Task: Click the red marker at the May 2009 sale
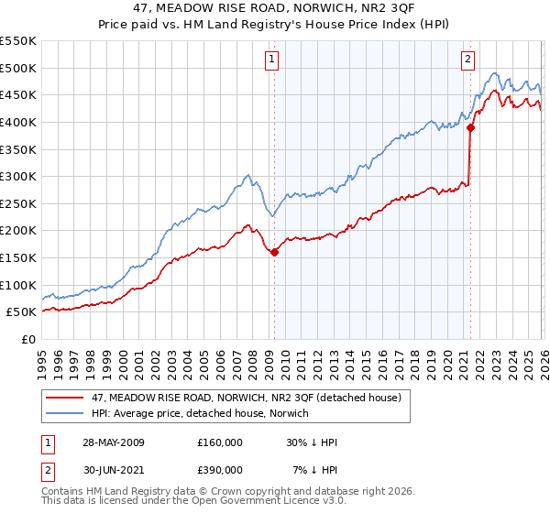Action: tap(274, 253)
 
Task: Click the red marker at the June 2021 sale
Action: tap(470, 128)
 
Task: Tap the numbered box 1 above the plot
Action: tap(273, 60)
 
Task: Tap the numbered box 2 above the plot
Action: tap(467, 60)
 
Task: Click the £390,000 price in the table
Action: tap(220, 468)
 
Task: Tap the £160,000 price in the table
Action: tap(220, 442)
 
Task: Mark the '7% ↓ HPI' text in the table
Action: tap(314, 468)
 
